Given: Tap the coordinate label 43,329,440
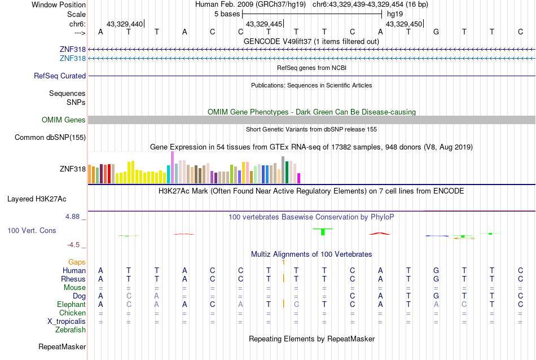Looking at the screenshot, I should [x=125, y=24].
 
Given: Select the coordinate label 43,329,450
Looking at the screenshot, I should [x=403, y=24].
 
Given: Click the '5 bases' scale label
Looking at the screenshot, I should [x=227, y=14].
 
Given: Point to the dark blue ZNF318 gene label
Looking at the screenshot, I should [x=72, y=50].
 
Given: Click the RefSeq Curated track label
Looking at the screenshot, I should [x=60, y=76].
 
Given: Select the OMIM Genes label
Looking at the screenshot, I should [x=64, y=120].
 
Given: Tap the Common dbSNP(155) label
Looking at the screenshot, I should [x=50, y=137].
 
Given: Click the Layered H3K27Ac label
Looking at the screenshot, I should [x=37, y=199].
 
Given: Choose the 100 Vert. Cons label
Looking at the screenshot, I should [x=32, y=230].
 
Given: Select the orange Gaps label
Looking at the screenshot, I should [x=77, y=262].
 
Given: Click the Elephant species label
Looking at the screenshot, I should [x=71, y=304].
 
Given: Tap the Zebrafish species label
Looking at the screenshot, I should [x=71, y=330].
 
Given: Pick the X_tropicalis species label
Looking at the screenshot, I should [x=67, y=321].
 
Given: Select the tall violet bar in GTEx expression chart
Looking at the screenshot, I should [x=172, y=167].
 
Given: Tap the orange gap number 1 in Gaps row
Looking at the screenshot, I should [x=283, y=262].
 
